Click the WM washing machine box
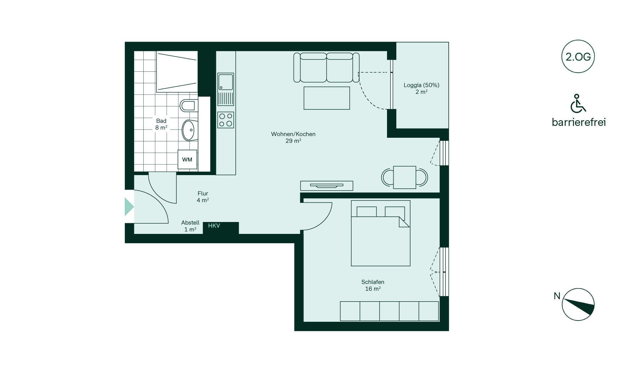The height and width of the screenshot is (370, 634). tap(187, 160)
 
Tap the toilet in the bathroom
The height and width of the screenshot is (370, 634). tap(189, 106)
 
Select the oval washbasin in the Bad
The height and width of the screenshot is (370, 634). tap(189, 130)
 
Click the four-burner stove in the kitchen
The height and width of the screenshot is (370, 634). tap(226, 120)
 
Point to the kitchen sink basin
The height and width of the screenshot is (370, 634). tap(226, 82)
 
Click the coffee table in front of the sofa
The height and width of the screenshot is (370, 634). tap(327, 98)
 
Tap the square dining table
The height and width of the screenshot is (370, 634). tap(405, 177)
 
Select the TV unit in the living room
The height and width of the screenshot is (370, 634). tap(327, 186)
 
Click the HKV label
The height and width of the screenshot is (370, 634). tap(214, 226)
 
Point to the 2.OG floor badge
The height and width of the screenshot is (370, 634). tap(578, 57)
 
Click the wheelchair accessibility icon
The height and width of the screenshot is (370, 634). tap(578, 103)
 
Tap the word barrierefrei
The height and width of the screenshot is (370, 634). tap(579, 122)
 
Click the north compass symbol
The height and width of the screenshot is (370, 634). tap(578, 304)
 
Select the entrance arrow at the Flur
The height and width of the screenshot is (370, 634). tap(129, 207)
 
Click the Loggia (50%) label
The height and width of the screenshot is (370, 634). tap(421, 85)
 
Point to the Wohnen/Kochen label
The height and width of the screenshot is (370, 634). tap(293, 134)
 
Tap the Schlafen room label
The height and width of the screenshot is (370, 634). tap(373, 282)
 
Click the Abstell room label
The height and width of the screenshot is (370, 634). tap(190, 223)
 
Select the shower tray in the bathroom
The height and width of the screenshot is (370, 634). tap(177, 72)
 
